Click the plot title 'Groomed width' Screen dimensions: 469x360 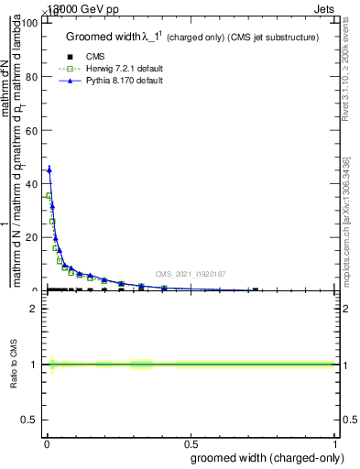click(103, 37)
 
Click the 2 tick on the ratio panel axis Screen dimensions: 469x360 click(36, 309)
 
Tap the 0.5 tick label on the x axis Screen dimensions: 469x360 click(191, 443)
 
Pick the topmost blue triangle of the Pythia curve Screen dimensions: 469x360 click(49, 169)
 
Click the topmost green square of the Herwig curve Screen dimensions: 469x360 click(49, 196)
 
